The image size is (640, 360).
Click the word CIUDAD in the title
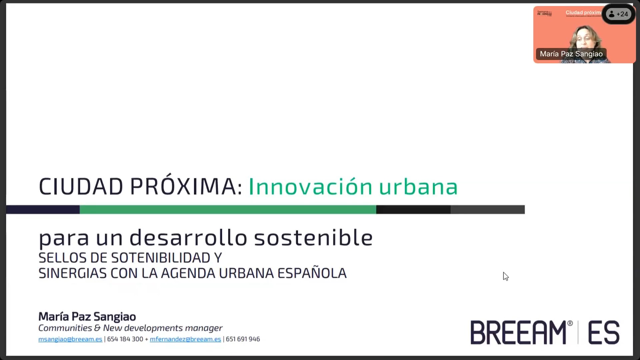(x=81, y=186)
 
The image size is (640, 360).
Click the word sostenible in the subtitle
(x=313, y=238)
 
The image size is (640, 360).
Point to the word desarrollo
(x=188, y=238)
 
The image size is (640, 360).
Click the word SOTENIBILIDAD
(x=161, y=258)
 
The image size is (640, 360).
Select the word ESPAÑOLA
(x=312, y=273)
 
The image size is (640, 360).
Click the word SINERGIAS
(x=72, y=273)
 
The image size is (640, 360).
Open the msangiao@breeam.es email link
(x=70, y=339)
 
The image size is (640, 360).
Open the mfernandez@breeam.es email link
(x=185, y=339)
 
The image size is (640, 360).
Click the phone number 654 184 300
(x=125, y=339)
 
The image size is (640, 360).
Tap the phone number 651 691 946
(x=243, y=339)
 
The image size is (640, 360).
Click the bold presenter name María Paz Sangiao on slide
(x=87, y=316)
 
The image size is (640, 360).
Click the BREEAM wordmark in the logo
(x=519, y=332)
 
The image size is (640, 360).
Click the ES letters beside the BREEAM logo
(x=604, y=332)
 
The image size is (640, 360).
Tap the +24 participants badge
(x=619, y=14)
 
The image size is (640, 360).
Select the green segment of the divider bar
(x=228, y=209)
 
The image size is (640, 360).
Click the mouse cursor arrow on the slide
(x=506, y=276)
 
